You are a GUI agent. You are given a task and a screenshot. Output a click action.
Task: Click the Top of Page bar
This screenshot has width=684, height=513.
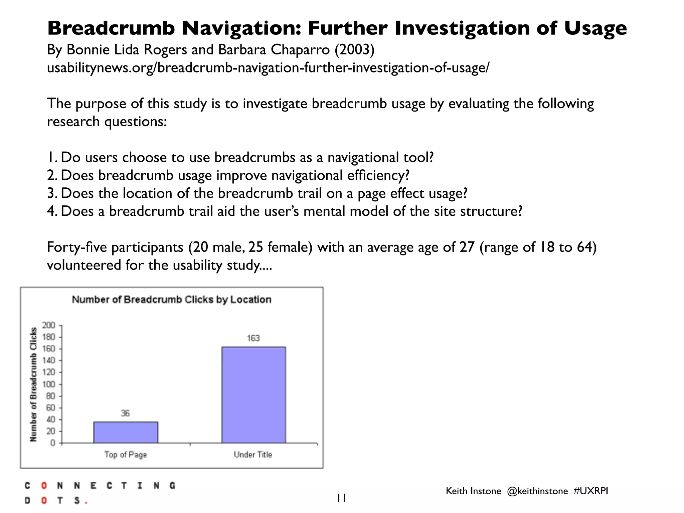(126, 432)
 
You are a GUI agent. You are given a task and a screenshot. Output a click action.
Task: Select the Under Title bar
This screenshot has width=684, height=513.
(253, 395)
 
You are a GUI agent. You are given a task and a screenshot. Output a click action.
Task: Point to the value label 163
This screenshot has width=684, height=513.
(253, 338)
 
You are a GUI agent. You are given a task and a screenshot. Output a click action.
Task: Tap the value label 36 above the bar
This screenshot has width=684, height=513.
(125, 413)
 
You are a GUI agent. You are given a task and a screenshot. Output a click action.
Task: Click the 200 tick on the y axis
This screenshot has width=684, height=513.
(48, 325)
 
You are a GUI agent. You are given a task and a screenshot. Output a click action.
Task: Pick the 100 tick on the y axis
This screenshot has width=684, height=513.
(48, 384)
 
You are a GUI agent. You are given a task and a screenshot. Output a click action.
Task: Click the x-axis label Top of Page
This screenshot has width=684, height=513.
(126, 455)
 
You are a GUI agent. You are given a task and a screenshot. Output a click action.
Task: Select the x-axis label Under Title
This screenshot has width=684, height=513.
(253, 455)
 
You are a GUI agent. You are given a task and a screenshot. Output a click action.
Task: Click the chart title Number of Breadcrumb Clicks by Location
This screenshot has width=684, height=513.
(172, 300)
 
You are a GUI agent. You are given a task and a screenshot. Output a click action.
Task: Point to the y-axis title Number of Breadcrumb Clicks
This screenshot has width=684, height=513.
(33, 384)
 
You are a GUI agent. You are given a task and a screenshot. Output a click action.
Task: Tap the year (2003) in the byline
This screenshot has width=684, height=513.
(354, 50)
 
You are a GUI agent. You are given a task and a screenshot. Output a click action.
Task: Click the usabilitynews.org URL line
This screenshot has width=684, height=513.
(268, 68)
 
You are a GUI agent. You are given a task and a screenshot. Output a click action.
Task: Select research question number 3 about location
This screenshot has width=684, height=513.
(257, 193)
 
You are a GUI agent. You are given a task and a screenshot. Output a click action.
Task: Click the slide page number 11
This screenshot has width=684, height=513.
(341, 498)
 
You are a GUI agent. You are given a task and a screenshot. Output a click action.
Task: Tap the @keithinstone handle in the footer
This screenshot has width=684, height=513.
(537, 491)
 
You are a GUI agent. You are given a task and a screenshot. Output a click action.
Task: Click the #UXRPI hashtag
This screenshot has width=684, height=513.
(590, 491)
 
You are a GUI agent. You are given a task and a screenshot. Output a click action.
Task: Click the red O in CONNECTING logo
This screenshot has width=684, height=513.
(44, 486)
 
